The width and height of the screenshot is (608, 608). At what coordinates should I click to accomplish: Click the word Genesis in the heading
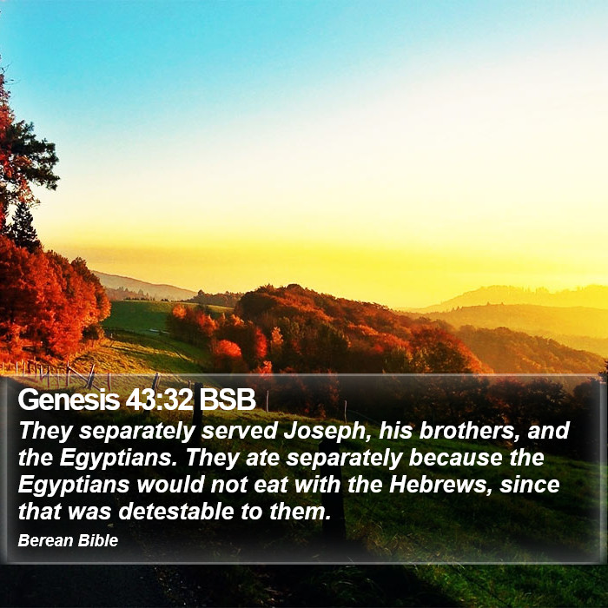coord(69,399)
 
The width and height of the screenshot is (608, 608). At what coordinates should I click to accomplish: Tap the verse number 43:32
coord(159,399)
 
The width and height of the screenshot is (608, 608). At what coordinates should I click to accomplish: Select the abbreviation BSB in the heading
coord(228,399)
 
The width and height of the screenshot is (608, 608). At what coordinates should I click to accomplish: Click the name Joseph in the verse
coord(326,431)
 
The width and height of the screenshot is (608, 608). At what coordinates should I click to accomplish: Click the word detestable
coord(176,512)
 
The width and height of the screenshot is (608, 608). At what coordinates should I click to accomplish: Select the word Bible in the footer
coord(97,540)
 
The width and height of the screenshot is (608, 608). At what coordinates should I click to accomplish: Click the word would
coord(170,485)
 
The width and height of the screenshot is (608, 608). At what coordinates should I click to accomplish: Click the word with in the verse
coord(317,485)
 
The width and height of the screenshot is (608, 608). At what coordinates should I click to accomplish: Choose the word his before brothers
coord(396,430)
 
